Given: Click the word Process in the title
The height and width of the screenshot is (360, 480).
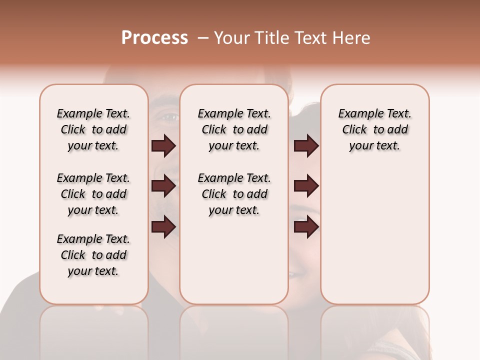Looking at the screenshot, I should pos(154,38).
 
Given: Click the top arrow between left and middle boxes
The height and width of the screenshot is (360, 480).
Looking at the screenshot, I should pos(163,145).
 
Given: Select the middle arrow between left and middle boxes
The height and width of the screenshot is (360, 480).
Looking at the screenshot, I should pos(163,186).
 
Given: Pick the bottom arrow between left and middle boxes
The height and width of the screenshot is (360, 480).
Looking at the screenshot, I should pos(163,227).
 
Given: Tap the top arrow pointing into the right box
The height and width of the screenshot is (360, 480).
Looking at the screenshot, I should pos(306,145).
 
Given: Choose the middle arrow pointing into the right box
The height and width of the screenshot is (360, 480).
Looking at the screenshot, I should pos(306,186).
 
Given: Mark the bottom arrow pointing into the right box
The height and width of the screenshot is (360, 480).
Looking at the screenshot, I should pos(306,227).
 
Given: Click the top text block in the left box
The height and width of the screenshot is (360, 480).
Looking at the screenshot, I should pos(93,129).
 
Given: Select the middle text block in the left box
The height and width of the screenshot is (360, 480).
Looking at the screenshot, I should pos(93,194).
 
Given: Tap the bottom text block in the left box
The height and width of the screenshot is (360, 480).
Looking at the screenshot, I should pos(93,255).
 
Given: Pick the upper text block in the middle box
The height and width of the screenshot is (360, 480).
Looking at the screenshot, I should pos(234,129).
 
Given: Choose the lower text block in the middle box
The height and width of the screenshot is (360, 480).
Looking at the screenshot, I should pos(234,194).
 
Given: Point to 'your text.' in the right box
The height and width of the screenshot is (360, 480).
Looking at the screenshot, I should pos(374,146).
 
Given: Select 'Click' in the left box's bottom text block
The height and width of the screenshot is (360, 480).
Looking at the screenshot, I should pos(73,255).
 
